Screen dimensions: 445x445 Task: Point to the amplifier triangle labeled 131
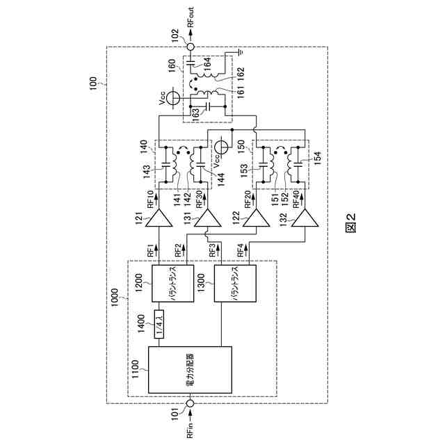[x=207, y=220]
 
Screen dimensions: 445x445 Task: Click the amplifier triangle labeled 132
[x=302, y=220]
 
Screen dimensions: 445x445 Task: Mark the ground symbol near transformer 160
[x=238, y=51]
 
